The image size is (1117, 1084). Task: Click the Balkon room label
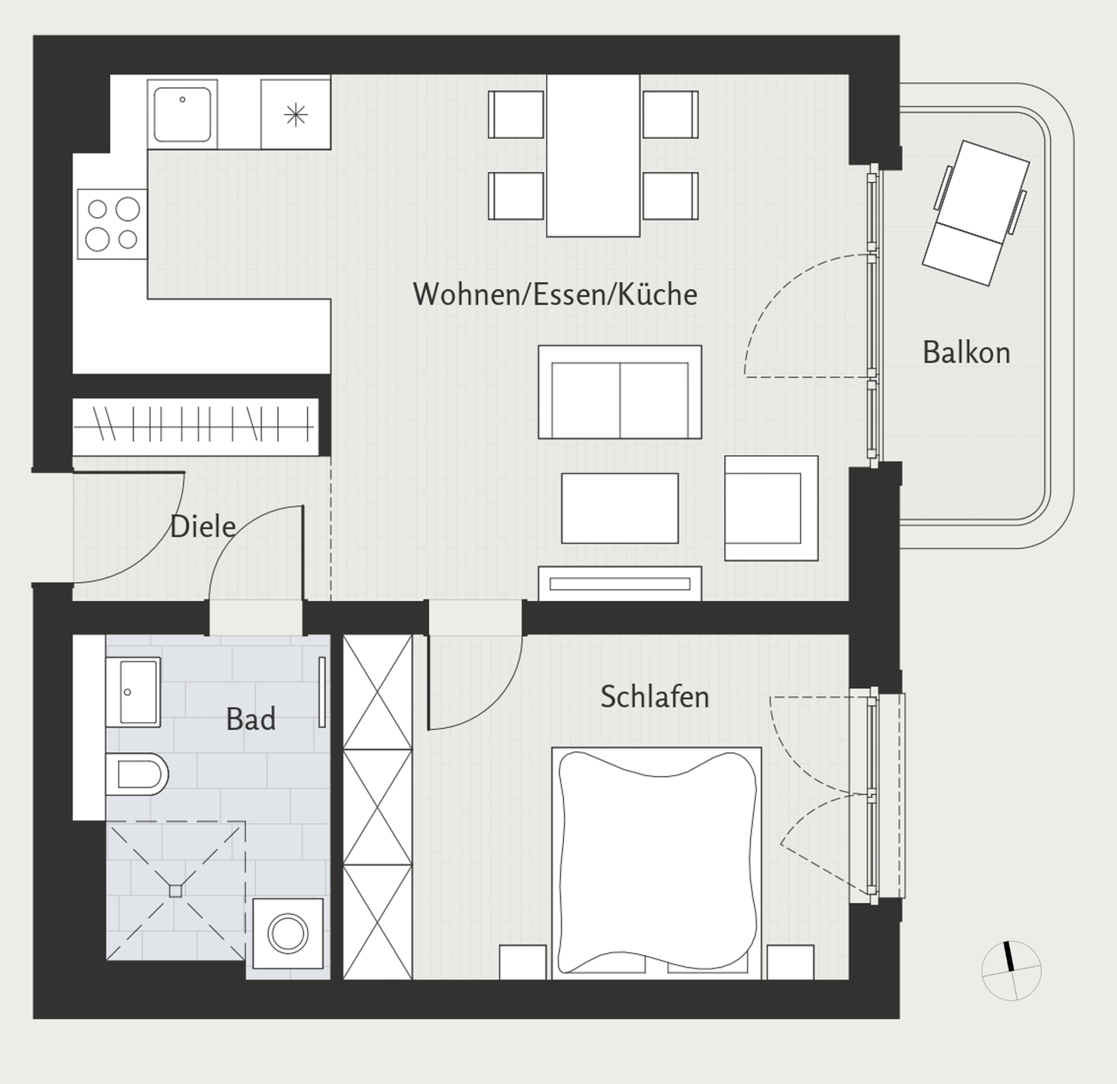967,352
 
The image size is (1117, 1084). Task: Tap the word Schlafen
655,696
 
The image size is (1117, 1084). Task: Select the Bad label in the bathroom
251,719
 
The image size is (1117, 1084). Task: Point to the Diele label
203,526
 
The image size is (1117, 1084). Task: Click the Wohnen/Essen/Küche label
555,294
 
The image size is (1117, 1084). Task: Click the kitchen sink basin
182,115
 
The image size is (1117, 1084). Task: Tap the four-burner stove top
112,224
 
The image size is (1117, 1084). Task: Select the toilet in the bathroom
137,774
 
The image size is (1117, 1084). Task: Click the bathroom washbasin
133,692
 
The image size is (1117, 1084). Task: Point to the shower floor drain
175,891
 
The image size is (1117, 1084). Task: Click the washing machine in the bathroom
288,934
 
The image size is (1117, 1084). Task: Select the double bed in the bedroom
657,863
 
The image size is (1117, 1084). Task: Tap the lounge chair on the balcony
976,213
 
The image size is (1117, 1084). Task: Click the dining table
593,155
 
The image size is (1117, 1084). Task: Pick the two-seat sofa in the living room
620,392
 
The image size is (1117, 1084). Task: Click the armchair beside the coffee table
772,508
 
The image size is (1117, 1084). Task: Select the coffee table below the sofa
620,508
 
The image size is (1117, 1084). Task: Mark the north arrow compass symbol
1011,970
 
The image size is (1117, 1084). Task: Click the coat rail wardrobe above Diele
195,427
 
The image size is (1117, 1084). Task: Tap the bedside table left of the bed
522,962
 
